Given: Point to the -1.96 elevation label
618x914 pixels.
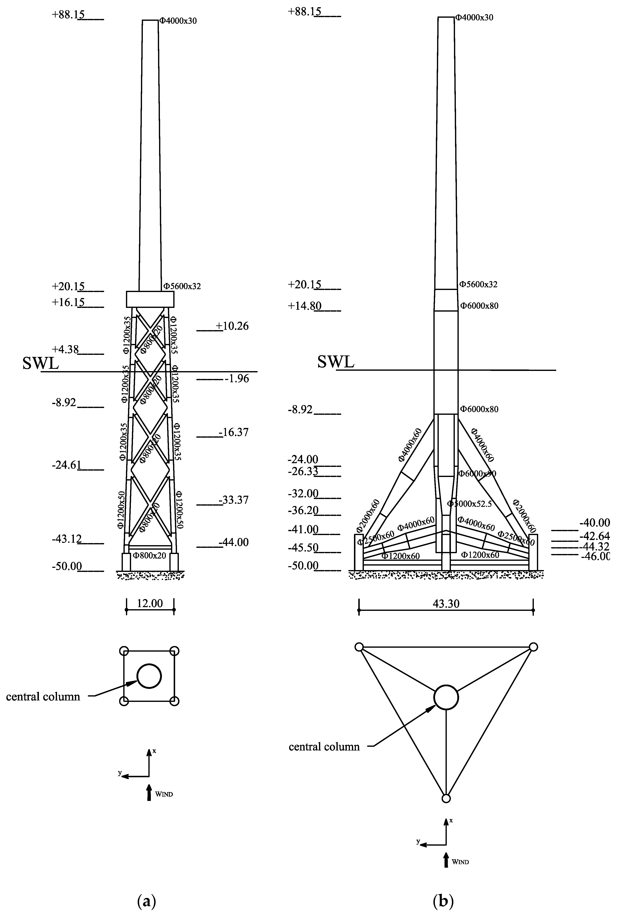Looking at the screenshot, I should click(x=236, y=378).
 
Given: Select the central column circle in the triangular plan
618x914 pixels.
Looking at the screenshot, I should click(x=446, y=697).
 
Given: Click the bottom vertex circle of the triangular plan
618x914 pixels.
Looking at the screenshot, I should click(x=446, y=798).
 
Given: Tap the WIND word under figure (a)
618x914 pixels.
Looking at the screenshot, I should click(x=164, y=794).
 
